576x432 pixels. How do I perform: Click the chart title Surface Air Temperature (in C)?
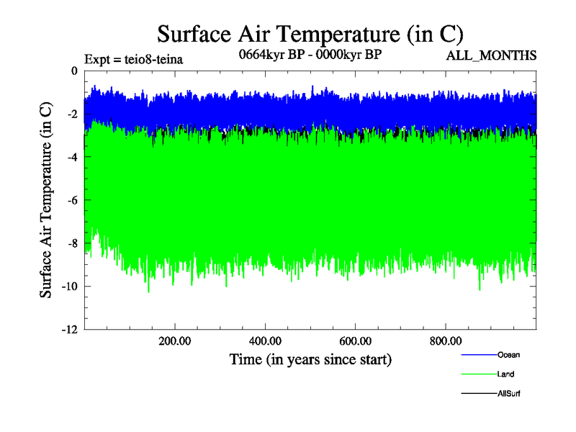tap(310, 33)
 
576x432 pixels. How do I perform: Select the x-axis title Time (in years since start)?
tap(310, 359)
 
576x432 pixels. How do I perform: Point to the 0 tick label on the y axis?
tap(73, 71)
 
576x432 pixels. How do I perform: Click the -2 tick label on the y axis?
tap(71, 114)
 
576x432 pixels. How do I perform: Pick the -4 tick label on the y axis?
tap(71, 157)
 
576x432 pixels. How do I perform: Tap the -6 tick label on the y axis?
tap(71, 200)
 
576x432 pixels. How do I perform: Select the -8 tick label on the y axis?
tap(71, 243)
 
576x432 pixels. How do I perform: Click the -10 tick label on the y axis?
tap(68, 287)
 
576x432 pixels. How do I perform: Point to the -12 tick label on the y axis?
tap(68, 330)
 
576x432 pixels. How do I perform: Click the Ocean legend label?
tap(508, 355)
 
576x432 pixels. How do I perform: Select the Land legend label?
tap(505, 374)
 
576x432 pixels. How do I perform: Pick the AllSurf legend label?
tap(508, 394)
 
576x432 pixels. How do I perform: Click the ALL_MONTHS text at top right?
tap(492, 55)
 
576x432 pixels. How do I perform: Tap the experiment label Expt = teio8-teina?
tap(133, 59)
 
